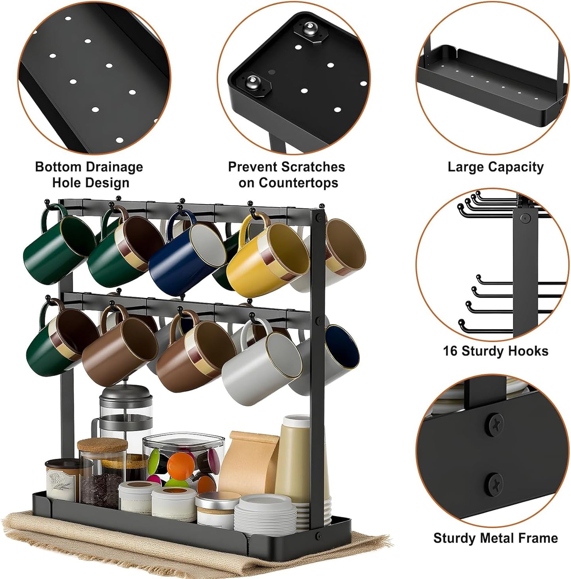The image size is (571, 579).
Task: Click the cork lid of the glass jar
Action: tap(97, 446)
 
